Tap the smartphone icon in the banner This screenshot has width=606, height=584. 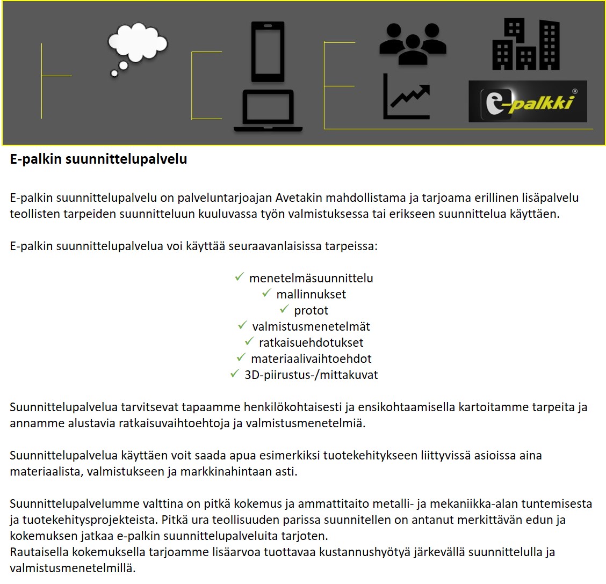pyautogui.click(x=268, y=52)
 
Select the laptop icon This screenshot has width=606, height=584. pyautogui.click(x=268, y=111)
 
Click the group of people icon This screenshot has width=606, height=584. pyautogui.click(x=413, y=45)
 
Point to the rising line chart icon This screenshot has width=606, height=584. pyautogui.click(x=407, y=97)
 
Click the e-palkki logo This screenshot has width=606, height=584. pyautogui.click(x=528, y=101)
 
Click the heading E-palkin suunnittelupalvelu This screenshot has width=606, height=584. pyautogui.click(x=98, y=159)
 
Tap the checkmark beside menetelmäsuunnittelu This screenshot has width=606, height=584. pyautogui.click(x=240, y=278)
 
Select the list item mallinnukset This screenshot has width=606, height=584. pyautogui.click(x=311, y=294)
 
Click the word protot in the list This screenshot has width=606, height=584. pyautogui.click(x=311, y=310)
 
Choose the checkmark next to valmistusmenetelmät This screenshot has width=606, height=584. pyautogui.click(x=243, y=326)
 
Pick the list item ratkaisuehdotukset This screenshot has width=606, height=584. pyautogui.click(x=311, y=342)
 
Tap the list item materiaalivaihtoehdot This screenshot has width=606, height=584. pyautogui.click(x=311, y=359)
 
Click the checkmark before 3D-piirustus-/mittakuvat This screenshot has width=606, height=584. pyautogui.click(x=234, y=374)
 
